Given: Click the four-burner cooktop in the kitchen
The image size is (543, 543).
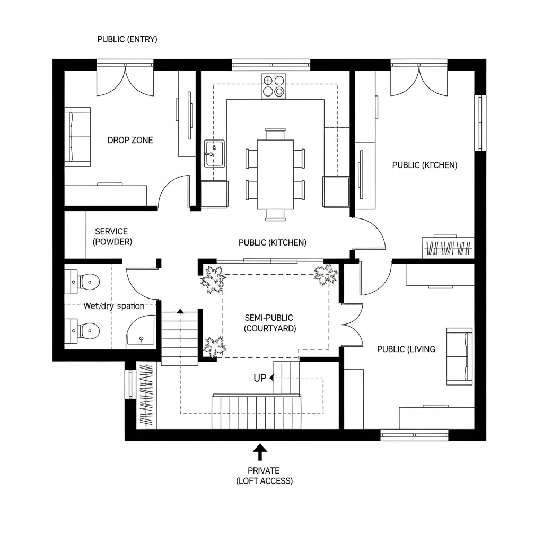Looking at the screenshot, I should (x=273, y=86).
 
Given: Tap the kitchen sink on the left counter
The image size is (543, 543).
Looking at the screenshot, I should (x=214, y=153).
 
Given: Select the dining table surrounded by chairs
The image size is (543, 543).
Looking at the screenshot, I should (x=275, y=174).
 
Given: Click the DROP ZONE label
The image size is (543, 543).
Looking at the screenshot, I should (x=130, y=140).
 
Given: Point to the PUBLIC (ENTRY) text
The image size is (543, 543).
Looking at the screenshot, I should (x=127, y=40).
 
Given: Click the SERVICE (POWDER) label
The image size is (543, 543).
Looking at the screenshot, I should (x=112, y=237).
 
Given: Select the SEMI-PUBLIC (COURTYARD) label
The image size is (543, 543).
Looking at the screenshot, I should (x=270, y=323).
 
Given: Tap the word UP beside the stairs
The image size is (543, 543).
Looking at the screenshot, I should (x=260, y=378).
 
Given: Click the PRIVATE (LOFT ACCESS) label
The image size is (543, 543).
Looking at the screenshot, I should (x=264, y=476).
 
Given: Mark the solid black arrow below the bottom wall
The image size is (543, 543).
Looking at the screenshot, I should (x=260, y=452).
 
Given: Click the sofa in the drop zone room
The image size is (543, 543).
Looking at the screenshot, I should (x=77, y=135).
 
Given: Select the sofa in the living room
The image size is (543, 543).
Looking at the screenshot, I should (x=459, y=356).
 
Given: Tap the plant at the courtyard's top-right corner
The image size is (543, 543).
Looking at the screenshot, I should (x=325, y=274).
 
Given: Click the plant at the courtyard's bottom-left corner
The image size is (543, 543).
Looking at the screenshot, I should (x=214, y=347).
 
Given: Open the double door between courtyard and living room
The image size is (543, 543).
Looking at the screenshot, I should (x=351, y=324).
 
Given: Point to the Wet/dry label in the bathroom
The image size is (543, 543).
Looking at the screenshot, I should (x=114, y=306).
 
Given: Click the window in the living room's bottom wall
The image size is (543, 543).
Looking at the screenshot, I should (x=414, y=435).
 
